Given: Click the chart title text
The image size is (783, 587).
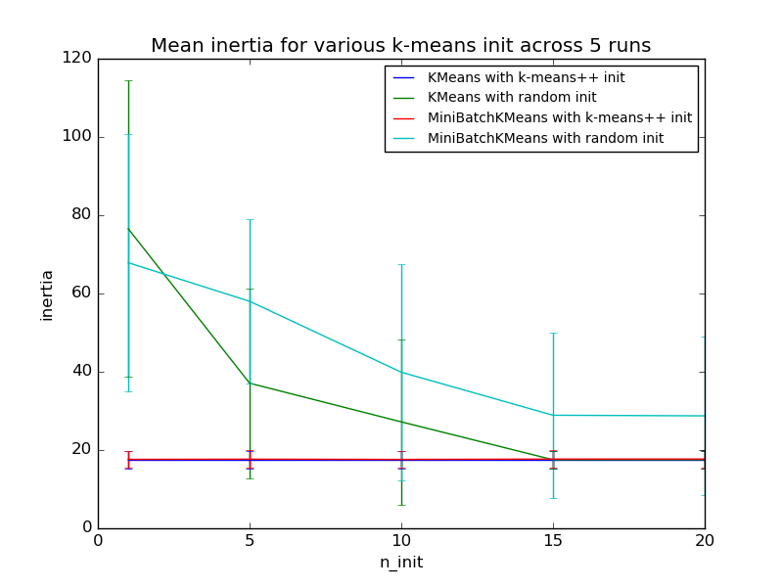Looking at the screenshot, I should tap(400, 45).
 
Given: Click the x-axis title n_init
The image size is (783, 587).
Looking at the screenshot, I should tap(400, 563).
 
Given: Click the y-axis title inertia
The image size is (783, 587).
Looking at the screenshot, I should tap(46, 293).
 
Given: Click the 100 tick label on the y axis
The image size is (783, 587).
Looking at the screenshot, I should tap(77, 137).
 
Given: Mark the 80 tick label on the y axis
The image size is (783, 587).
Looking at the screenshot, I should tap(81, 215).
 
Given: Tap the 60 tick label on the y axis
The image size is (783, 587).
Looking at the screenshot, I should tap(81, 293).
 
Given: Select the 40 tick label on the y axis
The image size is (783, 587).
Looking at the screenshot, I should tap(81, 372).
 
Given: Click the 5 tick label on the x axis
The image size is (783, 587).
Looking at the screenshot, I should tap(250, 541).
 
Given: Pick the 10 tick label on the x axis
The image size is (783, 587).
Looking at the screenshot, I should tap(401, 541).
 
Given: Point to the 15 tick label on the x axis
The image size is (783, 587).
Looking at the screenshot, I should tap(553, 541).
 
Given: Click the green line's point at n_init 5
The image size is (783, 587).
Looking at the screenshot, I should tap(250, 383).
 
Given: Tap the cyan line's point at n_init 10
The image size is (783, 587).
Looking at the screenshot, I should tap(401, 372).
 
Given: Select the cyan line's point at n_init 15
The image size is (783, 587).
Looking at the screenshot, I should tap(553, 415).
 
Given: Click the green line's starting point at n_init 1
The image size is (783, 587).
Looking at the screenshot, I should tap(128, 228).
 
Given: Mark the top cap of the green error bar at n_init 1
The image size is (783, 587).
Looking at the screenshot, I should tap(128, 80).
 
